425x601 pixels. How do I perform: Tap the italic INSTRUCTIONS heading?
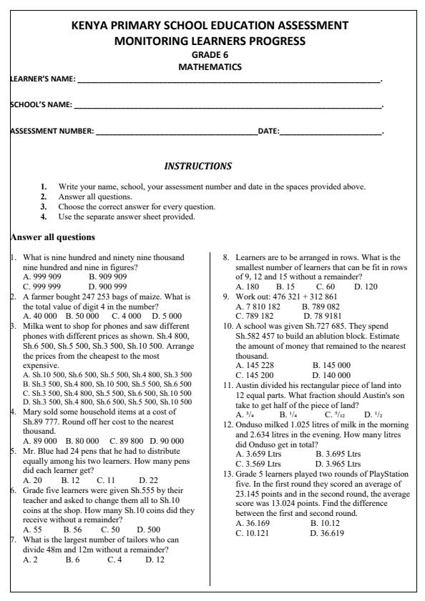pos(198,167)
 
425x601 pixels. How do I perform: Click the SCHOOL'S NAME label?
pos(40,105)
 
